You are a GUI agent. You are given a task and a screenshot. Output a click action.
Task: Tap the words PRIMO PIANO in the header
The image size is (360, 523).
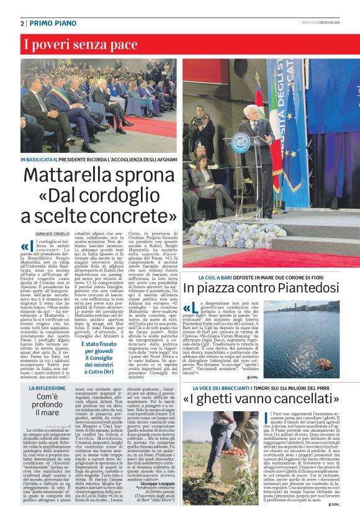pos(50,23)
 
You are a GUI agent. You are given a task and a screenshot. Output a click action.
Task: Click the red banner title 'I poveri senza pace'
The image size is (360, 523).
pos(73,44)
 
